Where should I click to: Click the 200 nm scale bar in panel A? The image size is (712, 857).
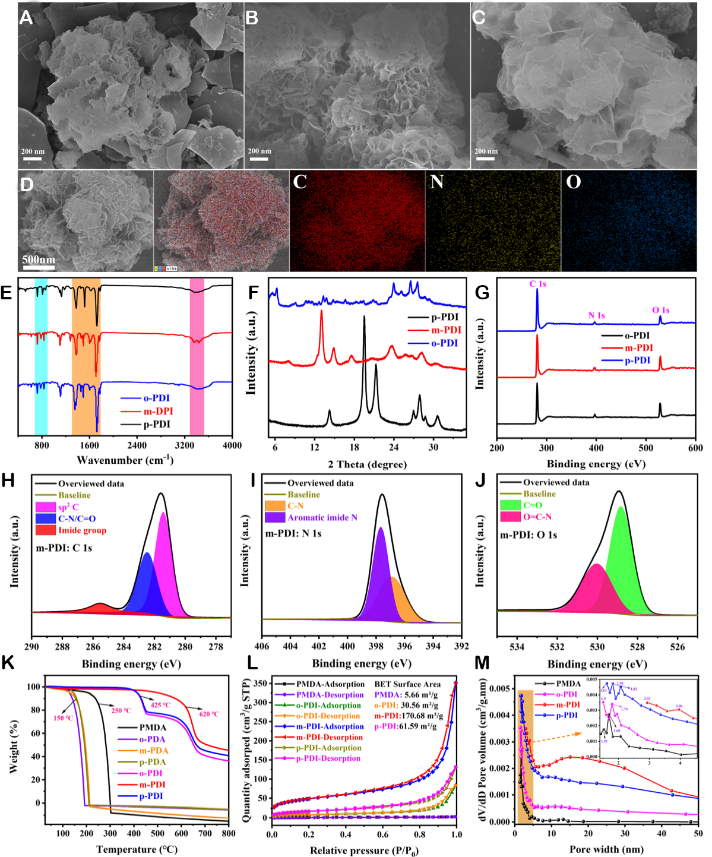tap(33, 159)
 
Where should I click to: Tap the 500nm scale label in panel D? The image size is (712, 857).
tap(39, 260)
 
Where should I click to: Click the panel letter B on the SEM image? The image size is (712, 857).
tap(252, 18)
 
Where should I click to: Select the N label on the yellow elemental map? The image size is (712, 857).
tap(436, 182)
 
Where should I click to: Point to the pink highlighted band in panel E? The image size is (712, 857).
tap(197, 356)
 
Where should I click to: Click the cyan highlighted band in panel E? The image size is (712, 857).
tap(41, 356)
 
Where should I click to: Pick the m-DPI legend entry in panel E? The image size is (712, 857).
tap(158, 411)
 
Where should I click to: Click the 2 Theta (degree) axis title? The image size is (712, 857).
tap(367, 464)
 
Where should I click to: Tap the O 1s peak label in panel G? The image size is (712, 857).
tap(660, 310)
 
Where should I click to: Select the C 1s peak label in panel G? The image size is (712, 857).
tap(537, 284)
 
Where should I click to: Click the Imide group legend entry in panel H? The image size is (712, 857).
tap(82, 530)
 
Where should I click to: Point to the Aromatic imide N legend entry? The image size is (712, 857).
tap(322, 517)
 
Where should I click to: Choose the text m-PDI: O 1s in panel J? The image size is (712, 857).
tap(529, 535)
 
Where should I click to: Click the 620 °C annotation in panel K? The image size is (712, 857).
tap(208, 714)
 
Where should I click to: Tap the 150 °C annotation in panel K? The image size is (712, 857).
tap(63, 718)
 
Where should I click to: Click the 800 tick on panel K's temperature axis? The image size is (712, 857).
tap(228, 833)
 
